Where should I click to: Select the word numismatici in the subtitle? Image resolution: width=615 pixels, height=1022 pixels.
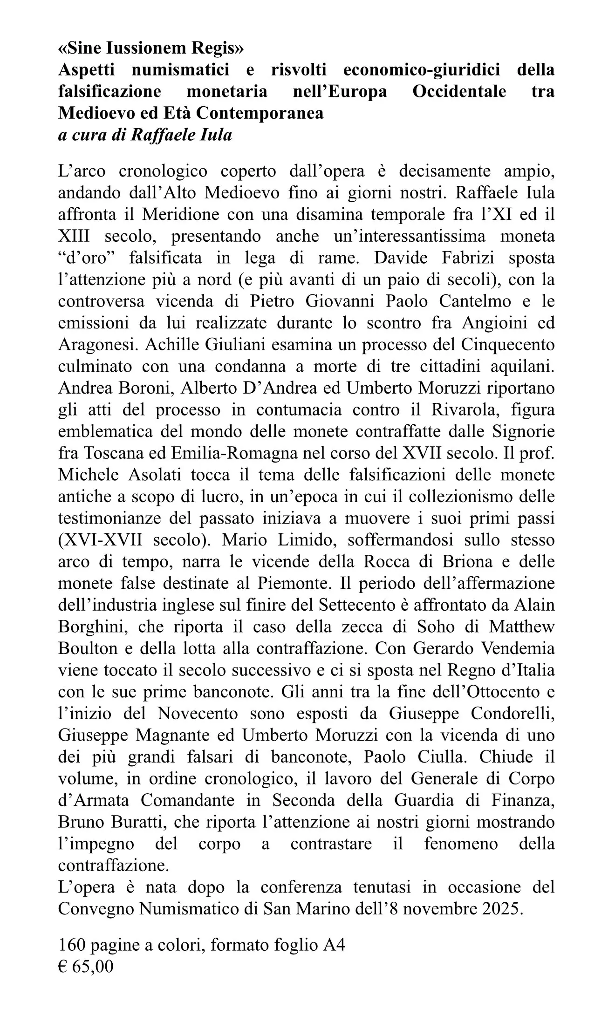(181, 70)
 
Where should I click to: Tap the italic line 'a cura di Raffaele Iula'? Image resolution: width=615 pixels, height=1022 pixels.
(145, 135)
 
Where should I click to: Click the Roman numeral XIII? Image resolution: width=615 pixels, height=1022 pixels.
(75, 236)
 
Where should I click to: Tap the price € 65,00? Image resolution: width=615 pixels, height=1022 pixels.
(86, 967)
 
